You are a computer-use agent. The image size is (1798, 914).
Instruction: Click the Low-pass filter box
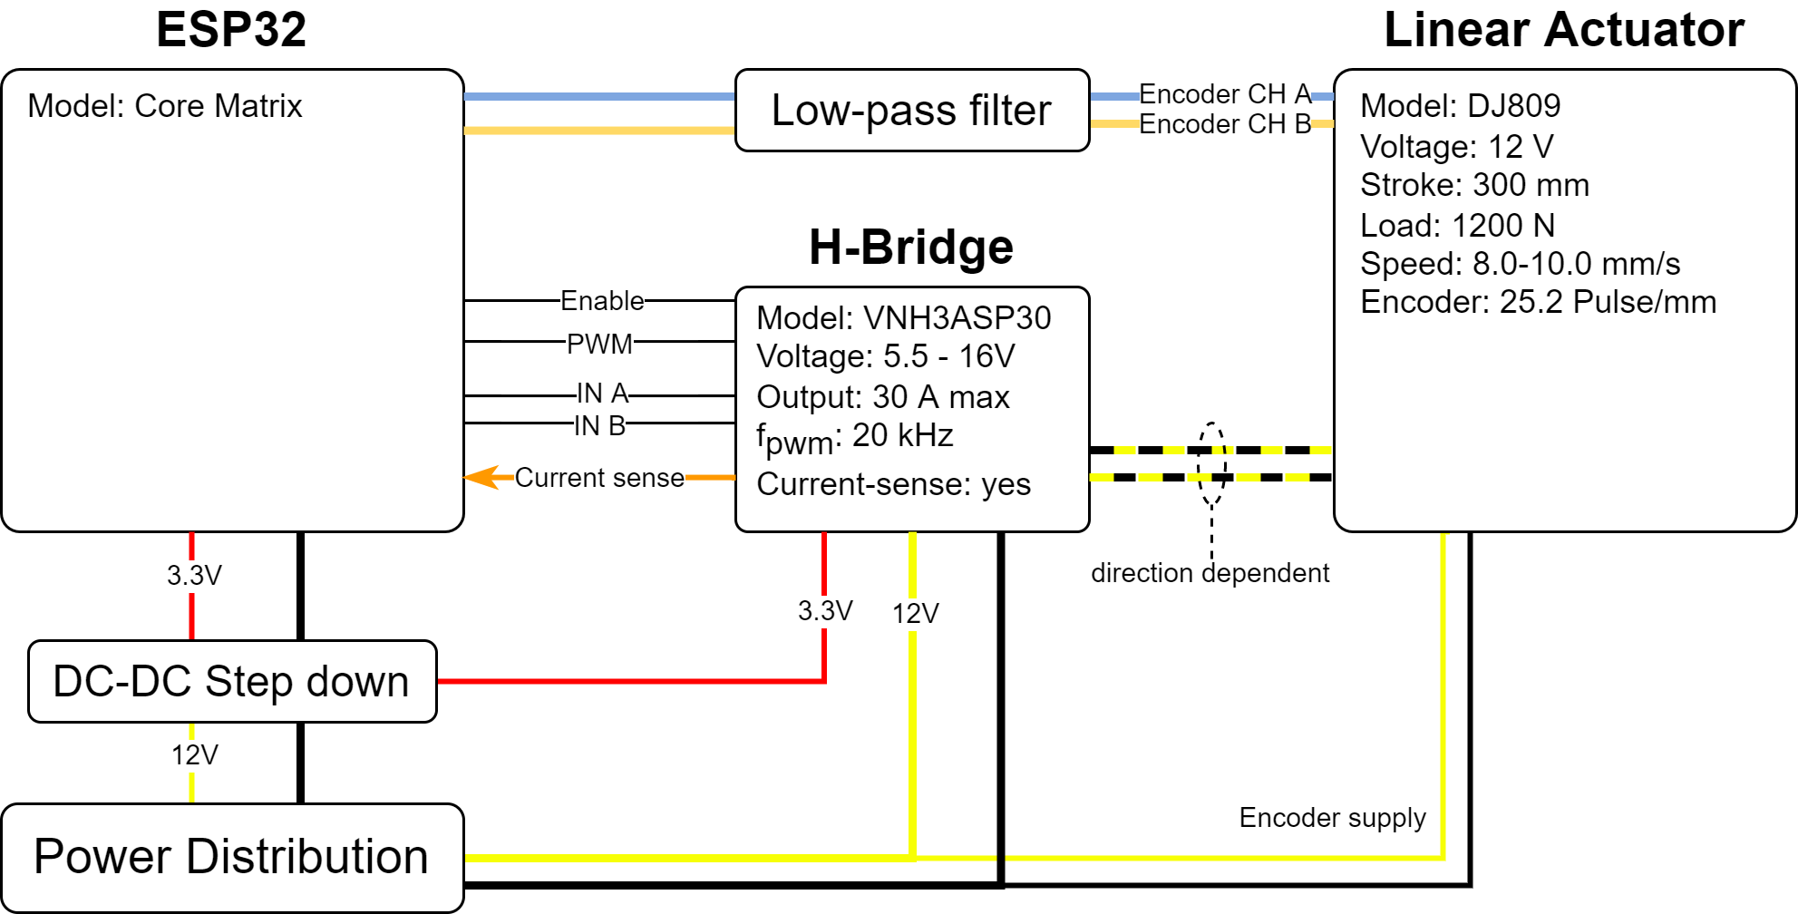click(x=911, y=111)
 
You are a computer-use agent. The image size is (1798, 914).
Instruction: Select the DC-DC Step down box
click(x=231, y=682)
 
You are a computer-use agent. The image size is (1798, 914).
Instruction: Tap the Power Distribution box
click(x=231, y=857)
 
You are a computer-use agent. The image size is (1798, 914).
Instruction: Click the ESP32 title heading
click(x=231, y=30)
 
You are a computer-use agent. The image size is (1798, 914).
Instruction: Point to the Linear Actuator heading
click(x=1564, y=30)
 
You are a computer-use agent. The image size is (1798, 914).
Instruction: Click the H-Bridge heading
click(x=911, y=248)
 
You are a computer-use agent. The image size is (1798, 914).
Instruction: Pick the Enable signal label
click(x=602, y=301)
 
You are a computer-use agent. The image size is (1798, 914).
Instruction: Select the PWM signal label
click(x=599, y=345)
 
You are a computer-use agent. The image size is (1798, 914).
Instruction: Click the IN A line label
click(x=602, y=394)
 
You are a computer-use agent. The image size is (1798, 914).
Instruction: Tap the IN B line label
click(x=599, y=426)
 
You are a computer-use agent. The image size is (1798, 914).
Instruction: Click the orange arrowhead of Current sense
click(x=481, y=477)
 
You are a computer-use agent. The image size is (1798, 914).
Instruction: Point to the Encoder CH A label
click(x=1225, y=94)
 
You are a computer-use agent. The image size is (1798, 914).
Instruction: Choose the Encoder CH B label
click(x=1225, y=124)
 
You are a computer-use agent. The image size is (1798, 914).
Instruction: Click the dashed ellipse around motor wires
click(x=1211, y=463)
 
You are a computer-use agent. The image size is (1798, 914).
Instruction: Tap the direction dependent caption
click(x=1210, y=573)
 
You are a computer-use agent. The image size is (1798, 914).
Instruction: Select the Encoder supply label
click(x=1332, y=818)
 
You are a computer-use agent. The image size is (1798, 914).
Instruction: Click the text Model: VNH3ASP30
click(x=903, y=318)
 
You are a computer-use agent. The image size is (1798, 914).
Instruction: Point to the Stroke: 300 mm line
click(x=1474, y=185)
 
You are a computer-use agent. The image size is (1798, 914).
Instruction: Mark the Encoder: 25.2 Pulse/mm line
click(x=1538, y=302)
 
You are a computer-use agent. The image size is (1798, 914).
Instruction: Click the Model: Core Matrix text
click(x=164, y=106)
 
